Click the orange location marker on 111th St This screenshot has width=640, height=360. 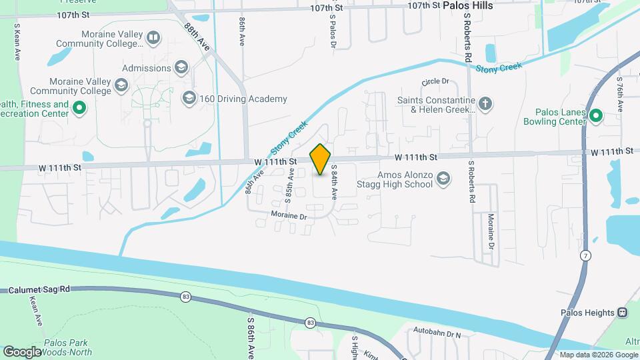coord(320,159)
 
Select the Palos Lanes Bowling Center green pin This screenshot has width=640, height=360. coord(595,117)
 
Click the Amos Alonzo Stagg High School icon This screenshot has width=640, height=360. coord(444,178)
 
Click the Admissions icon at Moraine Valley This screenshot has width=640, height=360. coord(181,67)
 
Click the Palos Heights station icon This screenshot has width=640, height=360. coord(622,312)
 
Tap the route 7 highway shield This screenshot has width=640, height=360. coord(585,255)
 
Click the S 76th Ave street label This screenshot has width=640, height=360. coord(619,93)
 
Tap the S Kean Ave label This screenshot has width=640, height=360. coord(16,40)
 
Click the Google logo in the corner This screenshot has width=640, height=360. coord(22,351)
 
